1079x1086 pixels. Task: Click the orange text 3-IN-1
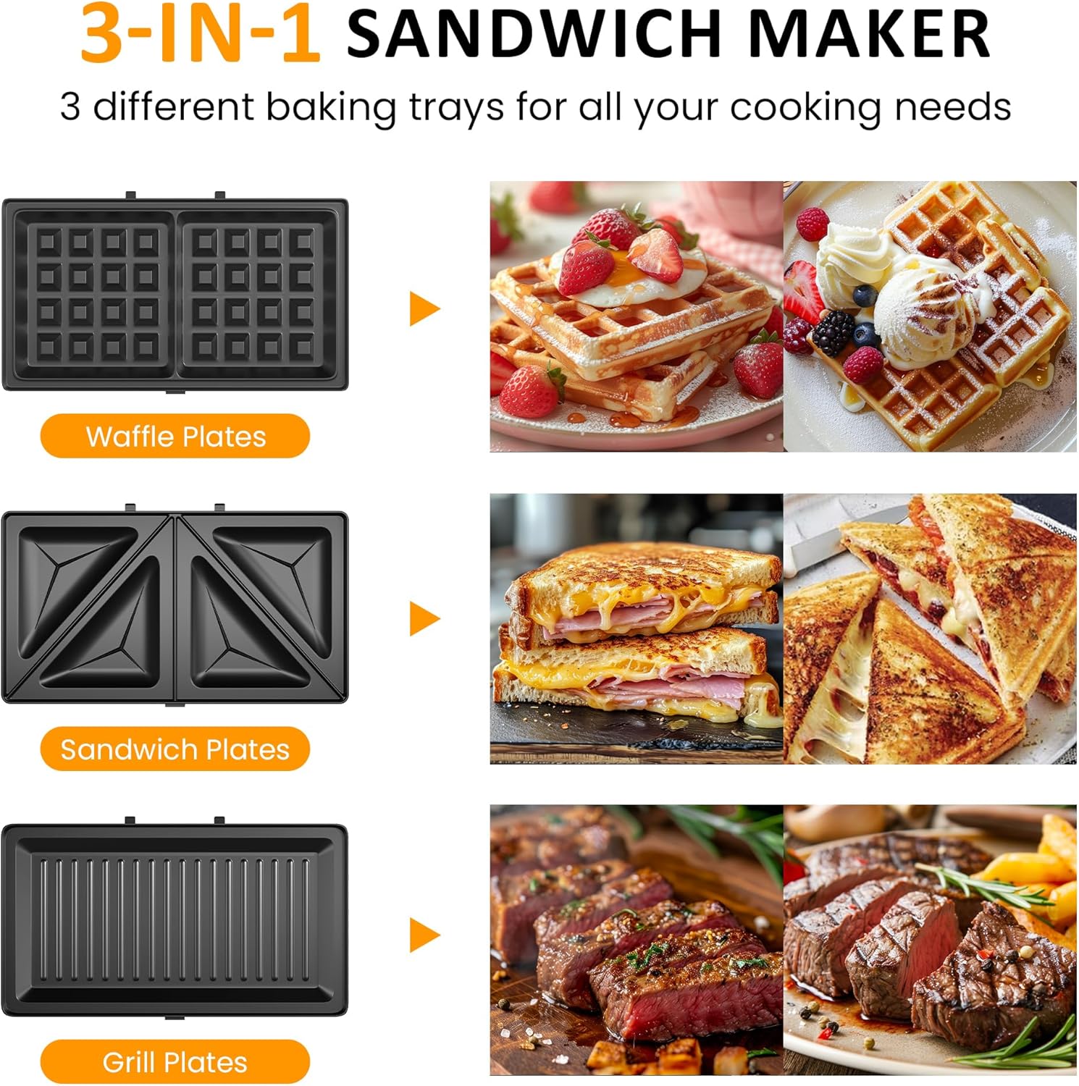coord(200,33)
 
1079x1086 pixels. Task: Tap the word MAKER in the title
coord(869,33)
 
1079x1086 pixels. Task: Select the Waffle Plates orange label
coord(175,437)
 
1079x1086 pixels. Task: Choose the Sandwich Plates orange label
coord(175,749)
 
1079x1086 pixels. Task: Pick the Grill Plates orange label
coord(175,1062)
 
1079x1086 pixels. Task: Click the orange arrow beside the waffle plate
coord(424,309)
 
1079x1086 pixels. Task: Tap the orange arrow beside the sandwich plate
coord(424,619)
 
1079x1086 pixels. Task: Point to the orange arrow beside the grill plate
coord(424,935)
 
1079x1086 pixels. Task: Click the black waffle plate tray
coord(175,294)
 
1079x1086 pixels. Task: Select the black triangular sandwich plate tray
coord(175,607)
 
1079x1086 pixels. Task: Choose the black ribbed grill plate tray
coord(175,919)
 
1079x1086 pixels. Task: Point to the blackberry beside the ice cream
coord(833,332)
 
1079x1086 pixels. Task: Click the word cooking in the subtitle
coord(806,107)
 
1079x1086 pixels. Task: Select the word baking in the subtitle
coord(331,107)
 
